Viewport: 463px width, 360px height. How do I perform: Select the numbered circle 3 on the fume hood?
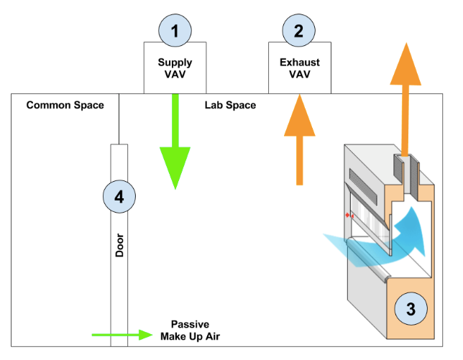pyautogui.click(x=411, y=309)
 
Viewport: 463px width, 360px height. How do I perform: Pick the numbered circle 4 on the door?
pyautogui.click(x=119, y=196)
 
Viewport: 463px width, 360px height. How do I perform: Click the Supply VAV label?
pyautogui.click(x=175, y=68)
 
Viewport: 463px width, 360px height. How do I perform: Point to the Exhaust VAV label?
pyautogui.click(x=299, y=68)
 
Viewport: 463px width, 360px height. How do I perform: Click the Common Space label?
pyautogui.click(x=65, y=105)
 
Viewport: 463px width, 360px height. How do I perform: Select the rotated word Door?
pyautogui.click(x=119, y=245)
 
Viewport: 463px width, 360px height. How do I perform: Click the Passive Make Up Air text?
pyautogui.click(x=196, y=331)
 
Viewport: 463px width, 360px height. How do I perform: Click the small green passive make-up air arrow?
pyautogui.click(x=122, y=335)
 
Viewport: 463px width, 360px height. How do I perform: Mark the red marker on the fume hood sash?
pyautogui.click(x=349, y=215)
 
